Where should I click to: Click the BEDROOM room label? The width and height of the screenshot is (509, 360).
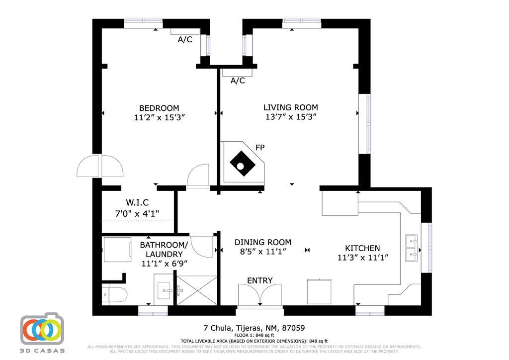(159, 108)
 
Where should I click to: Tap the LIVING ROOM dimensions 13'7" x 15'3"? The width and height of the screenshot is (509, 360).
(291, 117)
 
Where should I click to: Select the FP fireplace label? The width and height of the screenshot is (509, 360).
(259, 148)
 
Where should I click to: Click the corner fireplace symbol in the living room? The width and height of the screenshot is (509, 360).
(242, 163)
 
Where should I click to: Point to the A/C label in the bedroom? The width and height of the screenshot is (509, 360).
(185, 40)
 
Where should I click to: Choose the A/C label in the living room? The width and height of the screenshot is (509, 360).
(238, 81)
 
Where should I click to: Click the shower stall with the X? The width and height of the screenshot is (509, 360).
(197, 290)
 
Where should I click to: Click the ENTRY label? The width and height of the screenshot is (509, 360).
(259, 280)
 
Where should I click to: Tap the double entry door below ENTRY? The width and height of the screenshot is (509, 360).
(259, 296)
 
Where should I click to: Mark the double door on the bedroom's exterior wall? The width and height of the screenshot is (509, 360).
(99, 167)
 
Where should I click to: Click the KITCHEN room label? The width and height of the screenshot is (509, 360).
(362, 248)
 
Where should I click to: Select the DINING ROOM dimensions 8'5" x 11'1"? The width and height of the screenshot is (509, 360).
(262, 252)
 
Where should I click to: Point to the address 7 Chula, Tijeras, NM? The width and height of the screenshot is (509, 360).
(254, 328)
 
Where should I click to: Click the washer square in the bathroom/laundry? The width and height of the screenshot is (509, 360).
(116, 249)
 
